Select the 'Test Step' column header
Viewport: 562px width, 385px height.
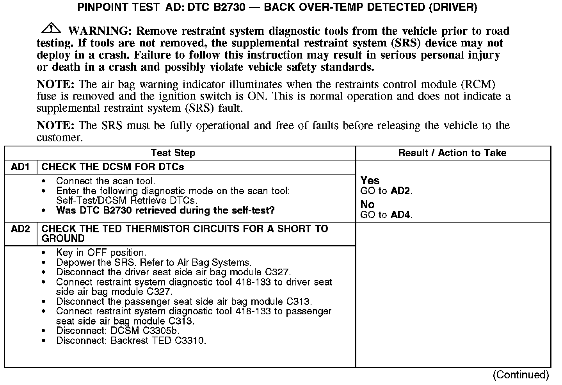tap(173, 153)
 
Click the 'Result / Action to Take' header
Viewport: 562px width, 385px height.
tap(452, 153)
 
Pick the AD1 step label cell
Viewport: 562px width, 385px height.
tap(20, 167)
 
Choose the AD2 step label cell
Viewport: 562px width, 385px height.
tap(20, 229)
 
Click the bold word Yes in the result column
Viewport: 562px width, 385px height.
tap(370, 180)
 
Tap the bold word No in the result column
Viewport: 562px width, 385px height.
tap(367, 204)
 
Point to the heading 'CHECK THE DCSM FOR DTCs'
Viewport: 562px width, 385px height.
tap(113, 167)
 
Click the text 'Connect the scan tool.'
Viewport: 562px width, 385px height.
tap(105, 181)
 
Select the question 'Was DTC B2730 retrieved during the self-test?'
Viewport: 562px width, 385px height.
tap(165, 210)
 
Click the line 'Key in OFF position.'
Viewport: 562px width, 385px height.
tap(101, 253)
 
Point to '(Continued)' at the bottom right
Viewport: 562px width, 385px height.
tap(521, 375)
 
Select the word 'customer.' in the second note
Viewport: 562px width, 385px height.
tap(60, 137)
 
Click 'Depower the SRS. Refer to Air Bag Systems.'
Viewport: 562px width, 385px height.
tap(154, 262)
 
